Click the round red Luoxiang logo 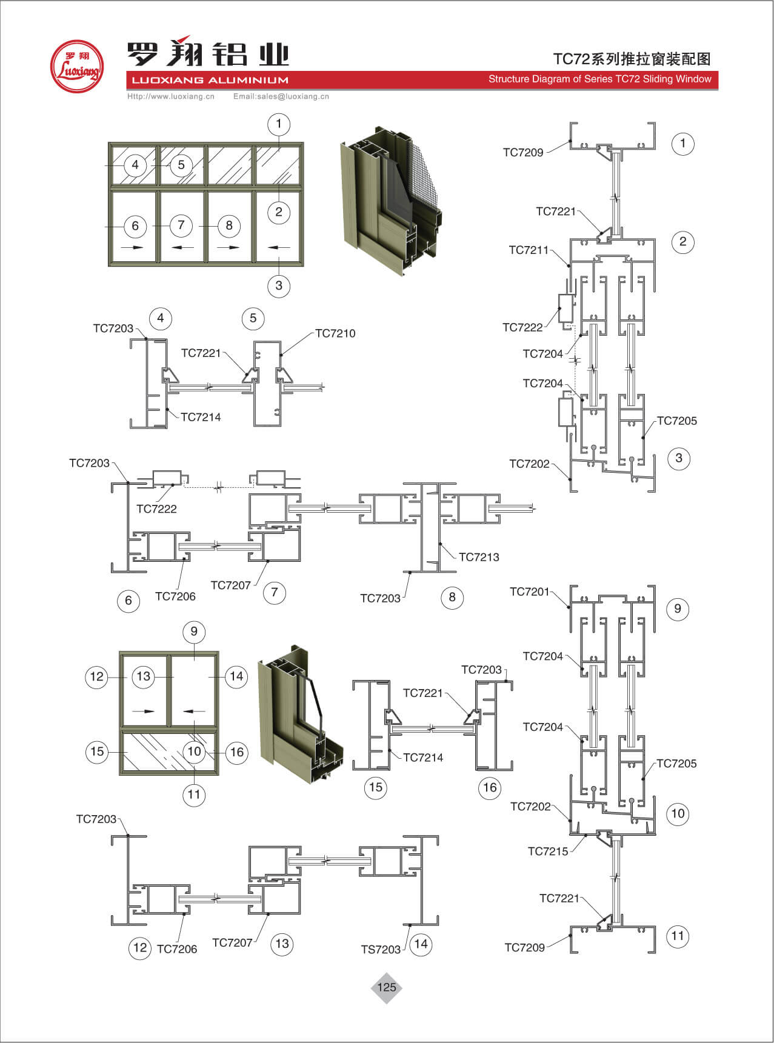point(76,67)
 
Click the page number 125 point(386,987)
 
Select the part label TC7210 point(335,333)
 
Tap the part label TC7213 point(479,557)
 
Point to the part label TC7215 point(548,851)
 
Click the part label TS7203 point(381,950)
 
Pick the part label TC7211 point(529,250)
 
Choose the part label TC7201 point(529,591)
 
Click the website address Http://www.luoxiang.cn point(171,96)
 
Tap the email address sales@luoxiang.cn point(281,96)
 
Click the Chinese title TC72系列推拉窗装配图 point(632,59)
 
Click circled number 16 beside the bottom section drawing point(490,787)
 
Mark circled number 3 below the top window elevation point(279,285)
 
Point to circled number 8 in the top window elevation point(229,225)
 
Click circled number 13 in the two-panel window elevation point(144,676)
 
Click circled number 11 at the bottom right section point(678,936)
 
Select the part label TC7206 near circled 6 point(175,596)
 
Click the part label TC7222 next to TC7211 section point(522,327)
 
